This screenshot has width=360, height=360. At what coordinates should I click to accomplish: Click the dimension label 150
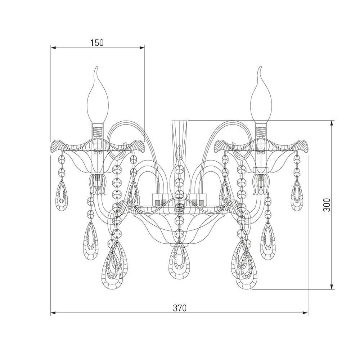pyautogui.click(x=97, y=43)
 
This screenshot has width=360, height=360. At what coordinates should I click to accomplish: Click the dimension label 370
pyautogui.click(x=180, y=308)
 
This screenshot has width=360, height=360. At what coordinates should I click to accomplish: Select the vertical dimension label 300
pyautogui.click(x=327, y=204)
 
